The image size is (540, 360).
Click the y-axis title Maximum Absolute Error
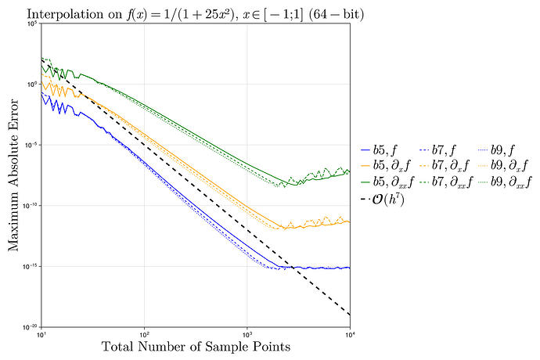pyautogui.click(x=14, y=175)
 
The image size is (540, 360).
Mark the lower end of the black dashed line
pyautogui.click(x=350, y=315)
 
